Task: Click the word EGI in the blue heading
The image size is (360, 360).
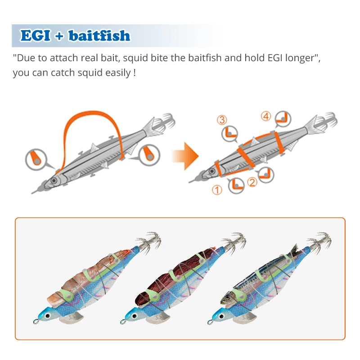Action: (36, 36)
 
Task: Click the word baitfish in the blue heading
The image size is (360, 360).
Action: (99, 36)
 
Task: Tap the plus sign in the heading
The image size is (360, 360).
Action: (59, 36)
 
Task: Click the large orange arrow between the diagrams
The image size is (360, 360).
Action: (185, 156)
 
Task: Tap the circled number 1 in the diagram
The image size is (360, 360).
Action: (217, 190)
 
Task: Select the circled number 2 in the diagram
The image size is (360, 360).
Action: (252, 182)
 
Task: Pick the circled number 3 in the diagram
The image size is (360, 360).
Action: (222, 120)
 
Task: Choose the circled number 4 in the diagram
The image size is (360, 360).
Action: (266, 116)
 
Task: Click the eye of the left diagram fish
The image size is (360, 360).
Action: (54, 180)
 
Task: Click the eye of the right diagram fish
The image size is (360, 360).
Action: (212, 171)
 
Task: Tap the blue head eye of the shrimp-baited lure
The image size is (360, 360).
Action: (48, 316)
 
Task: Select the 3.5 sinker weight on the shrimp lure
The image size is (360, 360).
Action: (72, 318)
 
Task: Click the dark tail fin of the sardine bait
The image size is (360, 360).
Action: (295, 250)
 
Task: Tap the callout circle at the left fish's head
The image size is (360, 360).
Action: (36, 160)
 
